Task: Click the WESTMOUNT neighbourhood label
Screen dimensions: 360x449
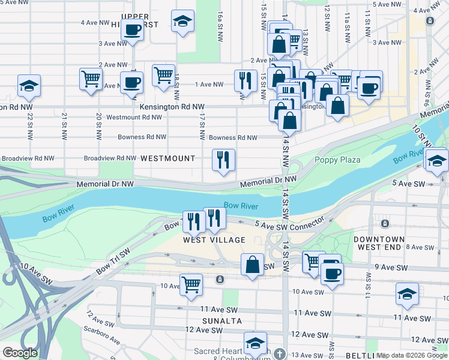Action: pyautogui.click(x=167, y=158)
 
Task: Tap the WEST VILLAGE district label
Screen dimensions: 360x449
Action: pyautogui.click(x=214, y=240)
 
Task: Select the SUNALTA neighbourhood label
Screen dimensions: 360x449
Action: pyautogui.click(x=221, y=321)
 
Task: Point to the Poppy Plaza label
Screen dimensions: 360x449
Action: pyautogui.click(x=337, y=160)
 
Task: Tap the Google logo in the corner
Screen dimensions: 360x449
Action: pyautogui.click(x=20, y=353)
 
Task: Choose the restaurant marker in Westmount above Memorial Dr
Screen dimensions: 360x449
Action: pyautogui.click(x=223, y=160)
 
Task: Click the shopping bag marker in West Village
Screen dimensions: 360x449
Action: pyautogui.click(x=253, y=264)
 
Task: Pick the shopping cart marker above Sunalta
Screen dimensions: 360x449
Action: pyautogui.click(x=191, y=284)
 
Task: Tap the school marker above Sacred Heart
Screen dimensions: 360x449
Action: pyautogui.click(x=255, y=344)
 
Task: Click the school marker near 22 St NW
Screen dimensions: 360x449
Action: pyautogui.click(x=29, y=86)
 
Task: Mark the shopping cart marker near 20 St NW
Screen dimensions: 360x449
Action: pyautogui.click(x=91, y=79)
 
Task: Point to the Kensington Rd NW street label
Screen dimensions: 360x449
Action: pyautogui.click(x=167, y=107)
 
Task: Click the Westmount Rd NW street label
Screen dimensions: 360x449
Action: pyautogui.click(x=133, y=117)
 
